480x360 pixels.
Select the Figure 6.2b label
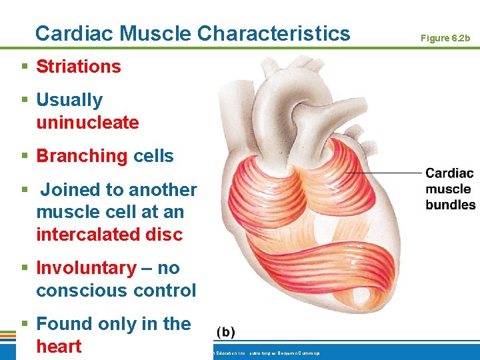[445, 38]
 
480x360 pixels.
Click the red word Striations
[79, 67]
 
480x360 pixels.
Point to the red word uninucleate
[87, 123]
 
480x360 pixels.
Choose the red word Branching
[81, 156]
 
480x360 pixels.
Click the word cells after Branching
[153, 156]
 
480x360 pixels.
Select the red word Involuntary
[86, 268]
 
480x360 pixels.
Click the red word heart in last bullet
[59, 347]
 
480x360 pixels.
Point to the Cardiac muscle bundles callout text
[450, 189]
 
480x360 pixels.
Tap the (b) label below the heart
[226, 332]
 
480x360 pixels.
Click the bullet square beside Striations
[25, 67]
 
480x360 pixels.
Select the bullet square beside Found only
[25, 324]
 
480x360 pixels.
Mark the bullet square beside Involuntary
[25, 268]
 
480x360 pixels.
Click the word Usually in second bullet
[69, 100]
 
